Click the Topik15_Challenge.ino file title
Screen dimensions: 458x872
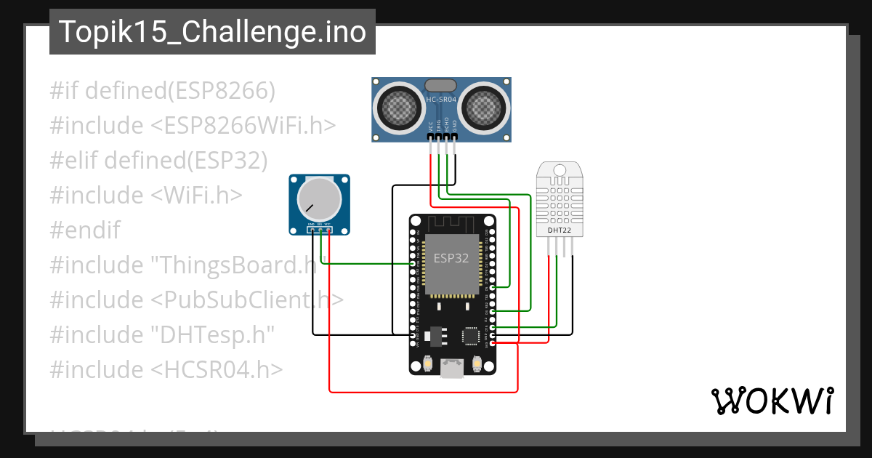(x=212, y=32)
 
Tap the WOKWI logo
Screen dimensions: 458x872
(x=771, y=401)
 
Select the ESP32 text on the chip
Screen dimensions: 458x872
(x=451, y=258)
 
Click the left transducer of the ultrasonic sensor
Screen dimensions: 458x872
(x=400, y=108)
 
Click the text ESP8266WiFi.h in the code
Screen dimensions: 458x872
(x=243, y=126)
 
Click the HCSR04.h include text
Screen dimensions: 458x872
(x=217, y=369)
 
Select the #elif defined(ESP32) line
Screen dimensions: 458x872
(x=158, y=161)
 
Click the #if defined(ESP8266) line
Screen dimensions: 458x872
(x=163, y=91)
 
